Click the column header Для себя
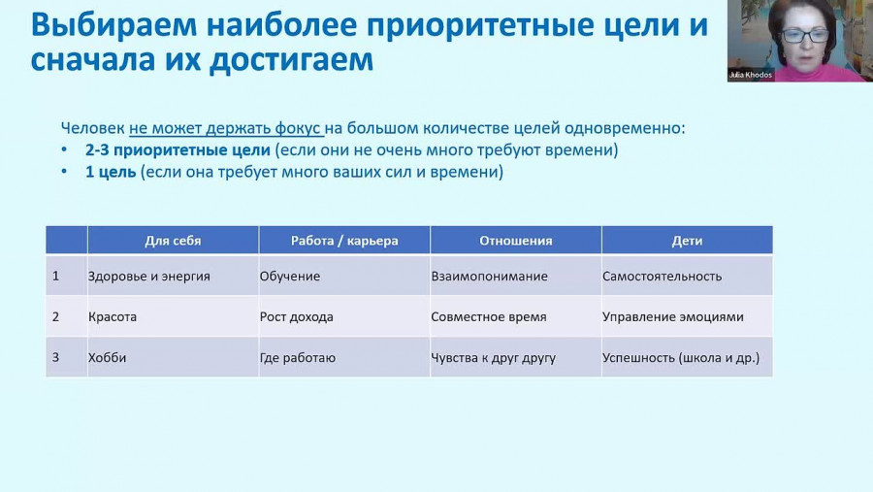click(173, 241)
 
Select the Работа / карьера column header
click(344, 241)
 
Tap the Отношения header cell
click(516, 241)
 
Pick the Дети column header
click(687, 241)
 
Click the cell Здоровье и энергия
click(173, 276)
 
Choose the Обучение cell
click(344, 276)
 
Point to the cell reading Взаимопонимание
click(516, 276)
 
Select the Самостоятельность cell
click(687, 276)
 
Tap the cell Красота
click(173, 316)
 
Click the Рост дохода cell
click(344, 316)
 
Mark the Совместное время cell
click(516, 316)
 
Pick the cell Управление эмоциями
click(687, 316)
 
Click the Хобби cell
click(173, 357)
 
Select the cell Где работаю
click(344, 357)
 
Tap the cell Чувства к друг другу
click(516, 357)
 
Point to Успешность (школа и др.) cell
click(687, 357)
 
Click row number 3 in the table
click(55, 357)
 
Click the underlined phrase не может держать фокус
click(225, 129)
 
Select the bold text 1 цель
click(111, 172)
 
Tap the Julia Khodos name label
click(750, 75)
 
